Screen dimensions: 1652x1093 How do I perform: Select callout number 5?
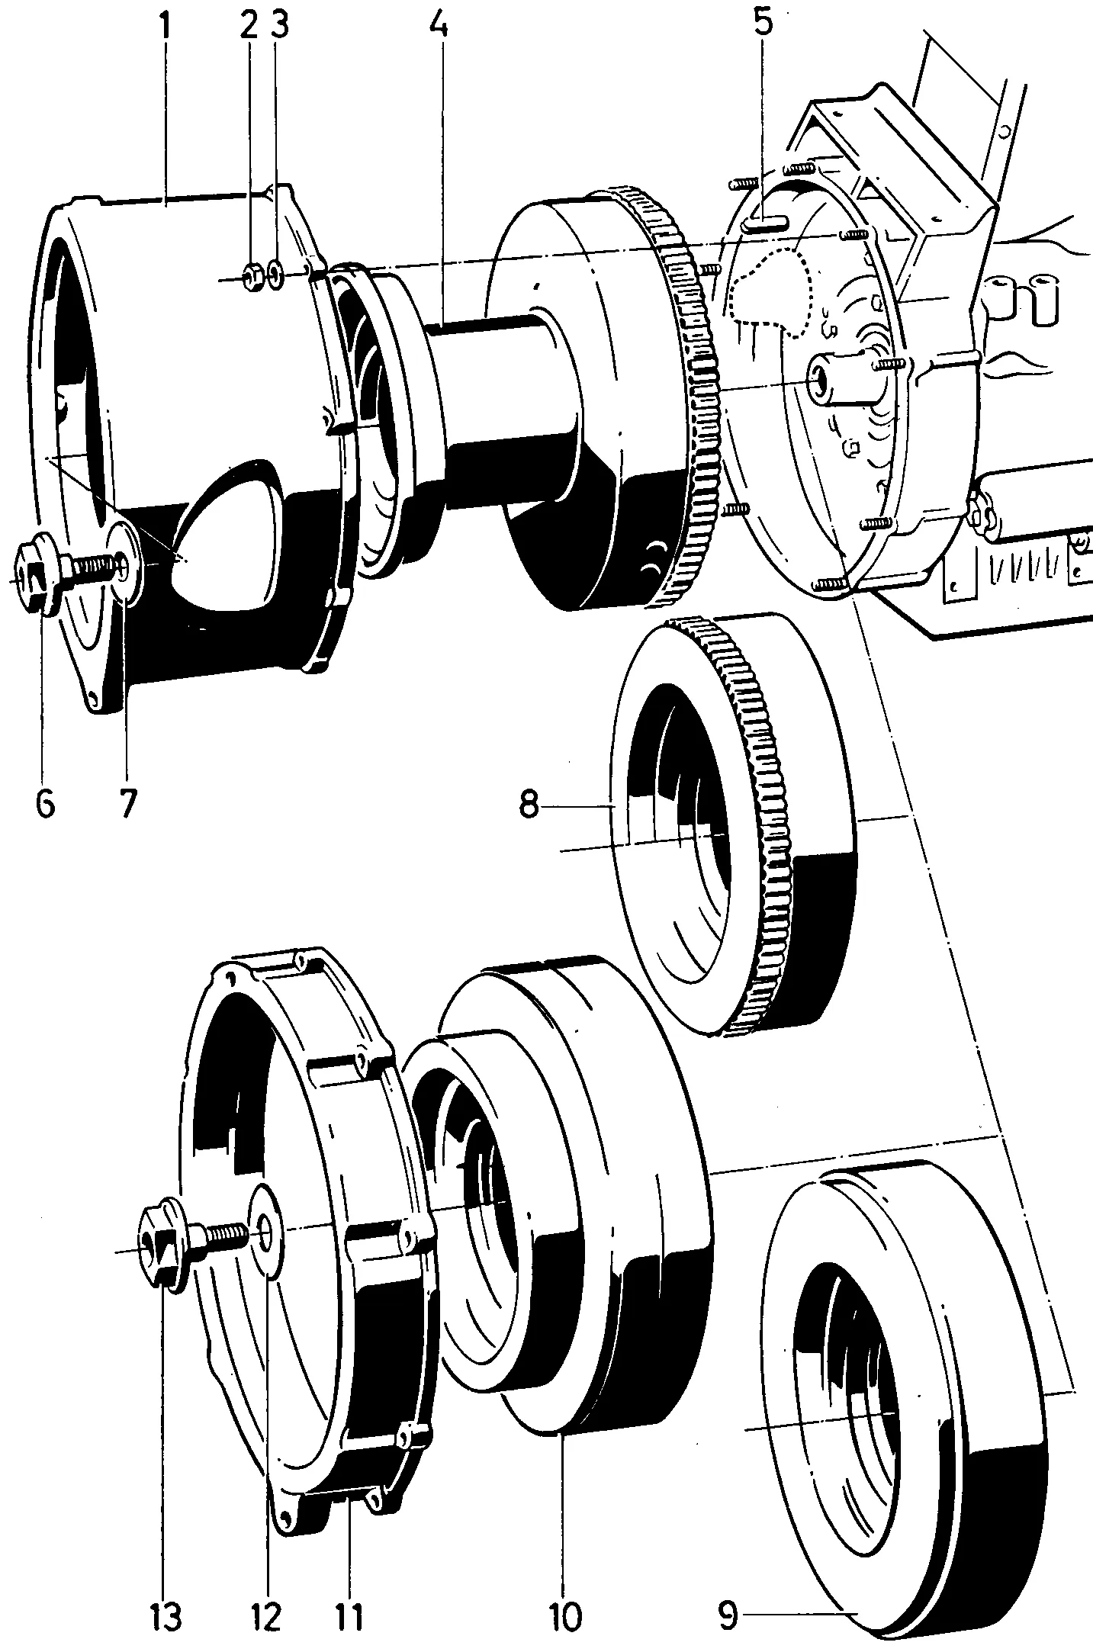(763, 23)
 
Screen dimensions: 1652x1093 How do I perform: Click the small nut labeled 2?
(254, 278)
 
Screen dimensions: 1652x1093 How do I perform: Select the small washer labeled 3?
(278, 275)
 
